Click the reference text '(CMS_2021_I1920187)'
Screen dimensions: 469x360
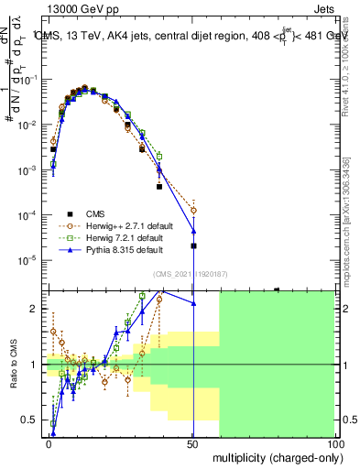point(190,274)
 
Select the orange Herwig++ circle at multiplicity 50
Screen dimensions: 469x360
point(193,211)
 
